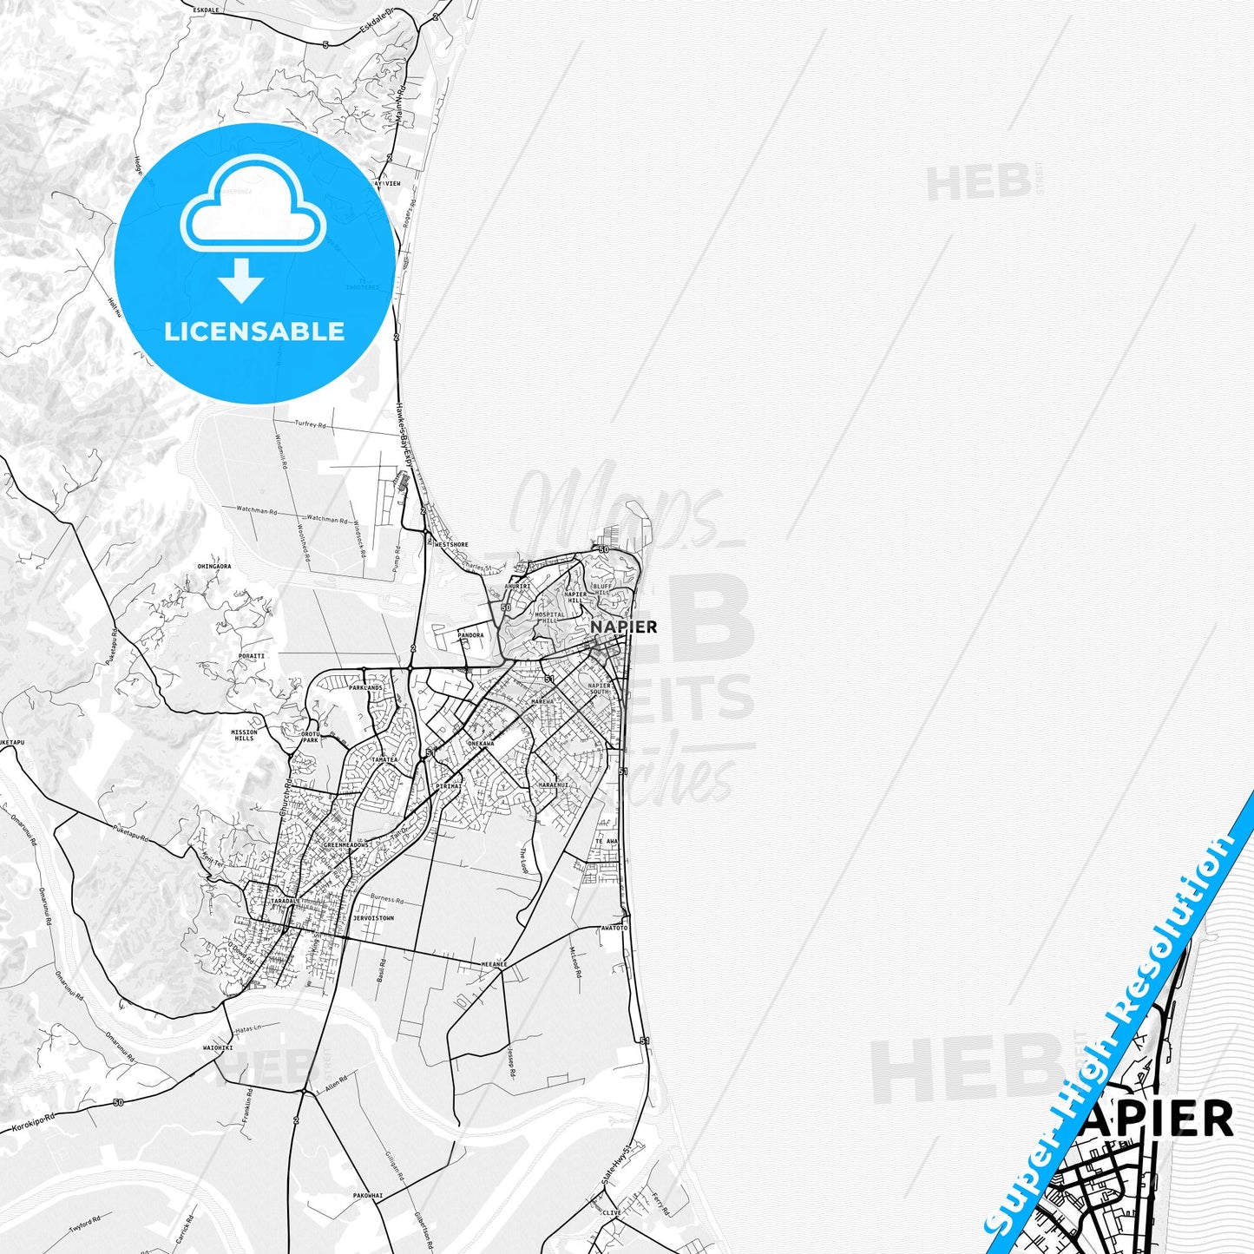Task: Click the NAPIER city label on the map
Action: point(623,627)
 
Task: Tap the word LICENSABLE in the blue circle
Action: point(254,332)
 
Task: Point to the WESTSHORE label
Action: point(451,545)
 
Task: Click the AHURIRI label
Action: point(517,586)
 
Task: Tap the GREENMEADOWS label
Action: point(346,844)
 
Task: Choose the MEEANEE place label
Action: point(494,964)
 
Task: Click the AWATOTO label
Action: point(614,928)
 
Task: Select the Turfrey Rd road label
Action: point(310,424)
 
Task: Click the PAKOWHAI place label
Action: point(367,1195)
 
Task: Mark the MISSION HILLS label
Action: point(244,735)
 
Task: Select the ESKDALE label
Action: point(207,10)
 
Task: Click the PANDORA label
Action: point(470,635)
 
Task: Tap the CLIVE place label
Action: point(612,1212)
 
